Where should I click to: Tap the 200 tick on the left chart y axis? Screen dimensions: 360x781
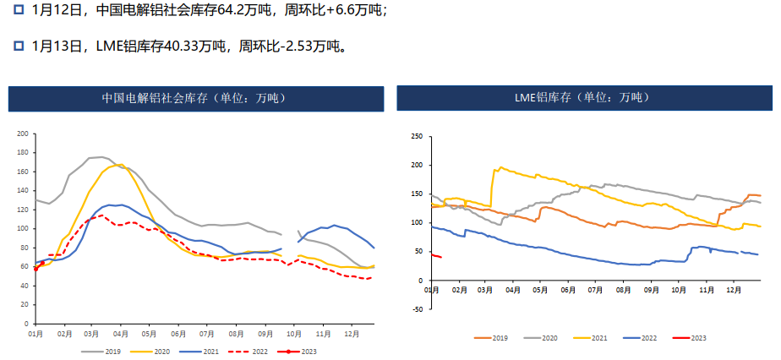[23, 134]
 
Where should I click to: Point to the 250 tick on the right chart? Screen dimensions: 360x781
[416, 136]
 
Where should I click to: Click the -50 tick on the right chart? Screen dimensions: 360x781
[415, 309]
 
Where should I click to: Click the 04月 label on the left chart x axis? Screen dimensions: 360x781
[120, 334]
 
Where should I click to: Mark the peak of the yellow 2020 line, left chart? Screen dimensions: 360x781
[119, 165]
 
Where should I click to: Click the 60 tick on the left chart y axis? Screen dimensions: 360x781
[25, 267]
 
